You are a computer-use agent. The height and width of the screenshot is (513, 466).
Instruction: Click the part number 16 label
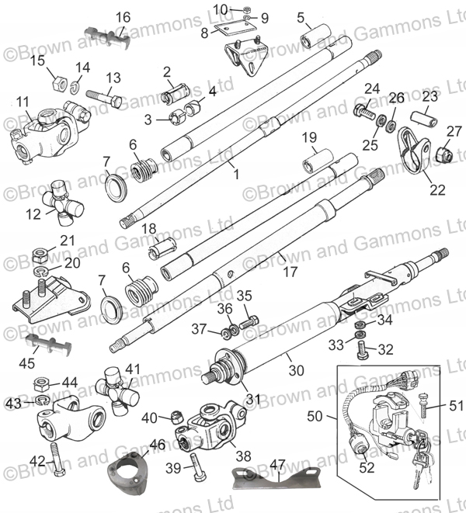[123, 17]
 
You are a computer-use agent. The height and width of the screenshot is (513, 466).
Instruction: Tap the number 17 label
[289, 272]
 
